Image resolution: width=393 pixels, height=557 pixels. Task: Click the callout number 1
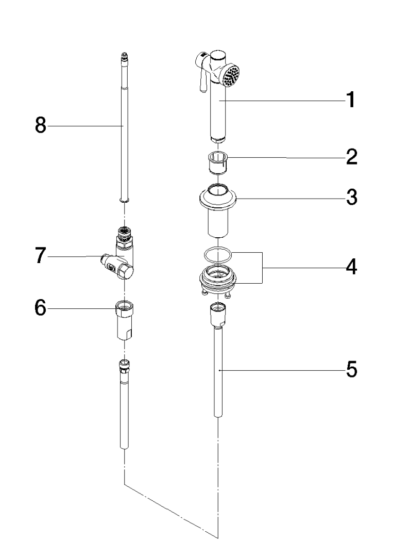coord(350,100)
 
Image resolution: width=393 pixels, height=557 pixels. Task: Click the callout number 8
coord(41,125)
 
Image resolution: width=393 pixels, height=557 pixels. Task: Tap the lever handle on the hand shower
coord(202,83)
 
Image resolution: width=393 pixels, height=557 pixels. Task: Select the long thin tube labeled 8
coord(123,134)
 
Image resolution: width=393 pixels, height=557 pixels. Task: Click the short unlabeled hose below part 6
coord(123,407)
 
